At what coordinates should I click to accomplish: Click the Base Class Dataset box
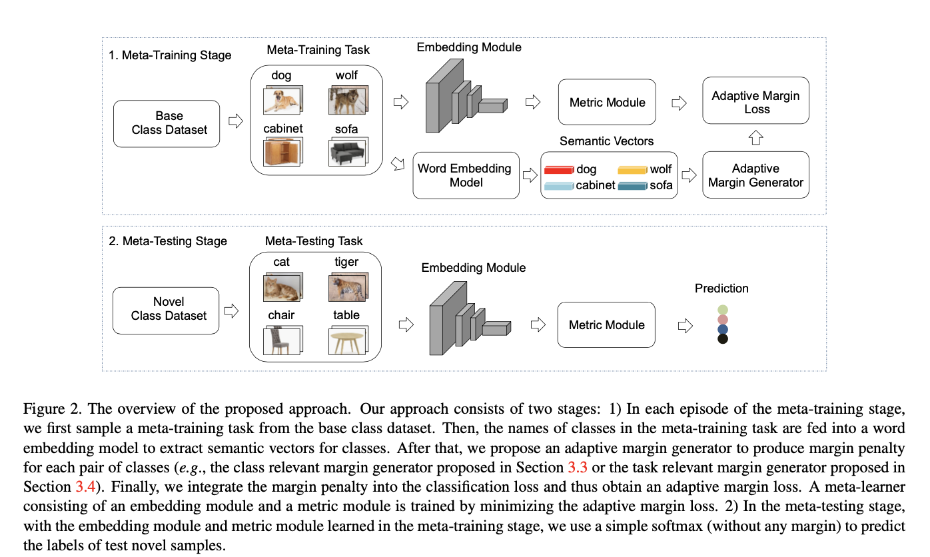[166, 123]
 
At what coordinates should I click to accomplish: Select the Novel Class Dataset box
[166, 310]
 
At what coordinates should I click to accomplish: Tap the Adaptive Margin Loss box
[755, 101]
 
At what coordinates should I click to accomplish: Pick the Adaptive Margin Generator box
[755, 175]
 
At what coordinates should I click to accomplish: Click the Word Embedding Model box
[466, 175]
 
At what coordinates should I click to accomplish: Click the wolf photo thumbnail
[346, 100]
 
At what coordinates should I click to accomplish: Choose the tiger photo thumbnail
[346, 286]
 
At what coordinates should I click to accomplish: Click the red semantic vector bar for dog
[558, 170]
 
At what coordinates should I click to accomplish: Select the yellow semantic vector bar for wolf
[632, 170]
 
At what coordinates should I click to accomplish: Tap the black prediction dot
[722, 339]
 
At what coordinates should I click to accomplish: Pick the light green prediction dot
[722, 310]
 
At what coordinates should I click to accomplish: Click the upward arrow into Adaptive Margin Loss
[755, 138]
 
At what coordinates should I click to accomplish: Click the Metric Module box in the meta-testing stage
[606, 324]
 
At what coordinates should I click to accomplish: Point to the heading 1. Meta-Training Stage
[170, 55]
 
